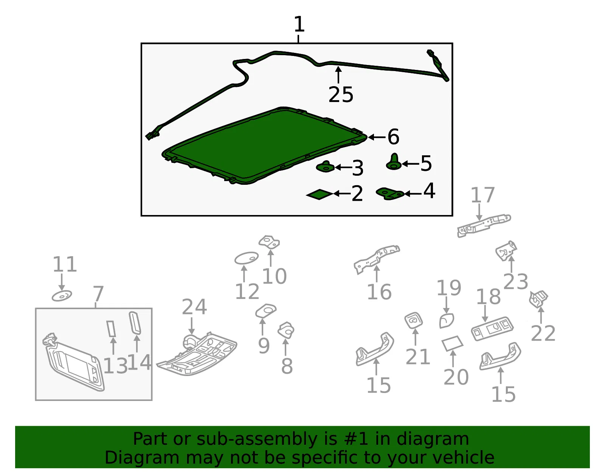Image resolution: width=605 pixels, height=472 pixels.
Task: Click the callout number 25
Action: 341,94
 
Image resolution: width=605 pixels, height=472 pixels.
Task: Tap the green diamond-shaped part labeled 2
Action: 320,194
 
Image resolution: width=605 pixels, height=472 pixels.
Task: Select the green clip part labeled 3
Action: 325,167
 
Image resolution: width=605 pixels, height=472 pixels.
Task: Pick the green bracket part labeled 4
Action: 390,193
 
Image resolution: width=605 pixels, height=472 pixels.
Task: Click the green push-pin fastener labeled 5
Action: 394,162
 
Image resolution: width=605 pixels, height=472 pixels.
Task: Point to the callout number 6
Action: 393,136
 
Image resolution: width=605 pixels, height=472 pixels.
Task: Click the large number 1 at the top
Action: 299,24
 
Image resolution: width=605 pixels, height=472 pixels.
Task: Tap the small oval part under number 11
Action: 62,296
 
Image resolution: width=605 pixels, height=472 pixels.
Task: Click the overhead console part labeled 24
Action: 197,354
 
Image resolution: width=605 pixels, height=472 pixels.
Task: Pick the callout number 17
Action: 482,195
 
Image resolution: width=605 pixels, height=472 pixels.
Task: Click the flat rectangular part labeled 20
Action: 453,344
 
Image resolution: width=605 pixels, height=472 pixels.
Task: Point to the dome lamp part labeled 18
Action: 492,328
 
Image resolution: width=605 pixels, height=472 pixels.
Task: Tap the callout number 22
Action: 543,333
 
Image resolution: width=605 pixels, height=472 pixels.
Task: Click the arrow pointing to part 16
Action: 376,274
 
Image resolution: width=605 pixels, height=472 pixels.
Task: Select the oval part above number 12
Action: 247,258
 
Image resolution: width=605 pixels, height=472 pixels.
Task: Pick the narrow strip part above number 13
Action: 111,328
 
